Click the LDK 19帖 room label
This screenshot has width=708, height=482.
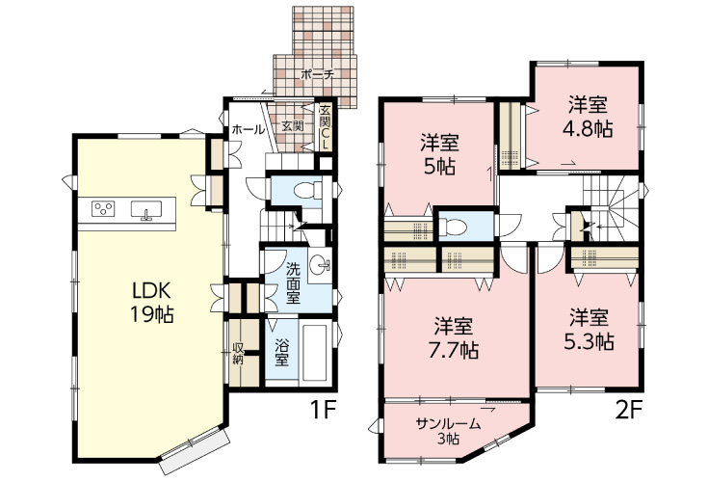[x=152, y=303]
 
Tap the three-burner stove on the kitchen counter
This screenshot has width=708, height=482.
[x=103, y=208]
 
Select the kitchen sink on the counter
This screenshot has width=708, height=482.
[x=145, y=210]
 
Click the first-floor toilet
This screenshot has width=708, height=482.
[x=307, y=190]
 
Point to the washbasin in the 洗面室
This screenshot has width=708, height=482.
[x=321, y=263]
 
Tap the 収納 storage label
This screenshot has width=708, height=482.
[x=238, y=353]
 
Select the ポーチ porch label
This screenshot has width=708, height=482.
[x=317, y=74]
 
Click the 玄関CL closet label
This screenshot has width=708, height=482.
[x=325, y=127]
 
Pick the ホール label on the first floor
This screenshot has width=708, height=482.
[x=248, y=129]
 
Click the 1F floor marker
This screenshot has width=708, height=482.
[x=324, y=410]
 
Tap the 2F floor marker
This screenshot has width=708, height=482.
[x=628, y=410]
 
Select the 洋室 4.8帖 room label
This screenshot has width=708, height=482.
[x=588, y=117]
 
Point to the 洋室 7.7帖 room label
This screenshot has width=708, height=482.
[x=454, y=337]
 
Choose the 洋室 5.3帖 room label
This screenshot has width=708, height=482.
[x=589, y=330]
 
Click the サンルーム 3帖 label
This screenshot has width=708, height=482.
[x=448, y=431]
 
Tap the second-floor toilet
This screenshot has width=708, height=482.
[x=452, y=226]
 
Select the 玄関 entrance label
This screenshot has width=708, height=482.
[x=293, y=125]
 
